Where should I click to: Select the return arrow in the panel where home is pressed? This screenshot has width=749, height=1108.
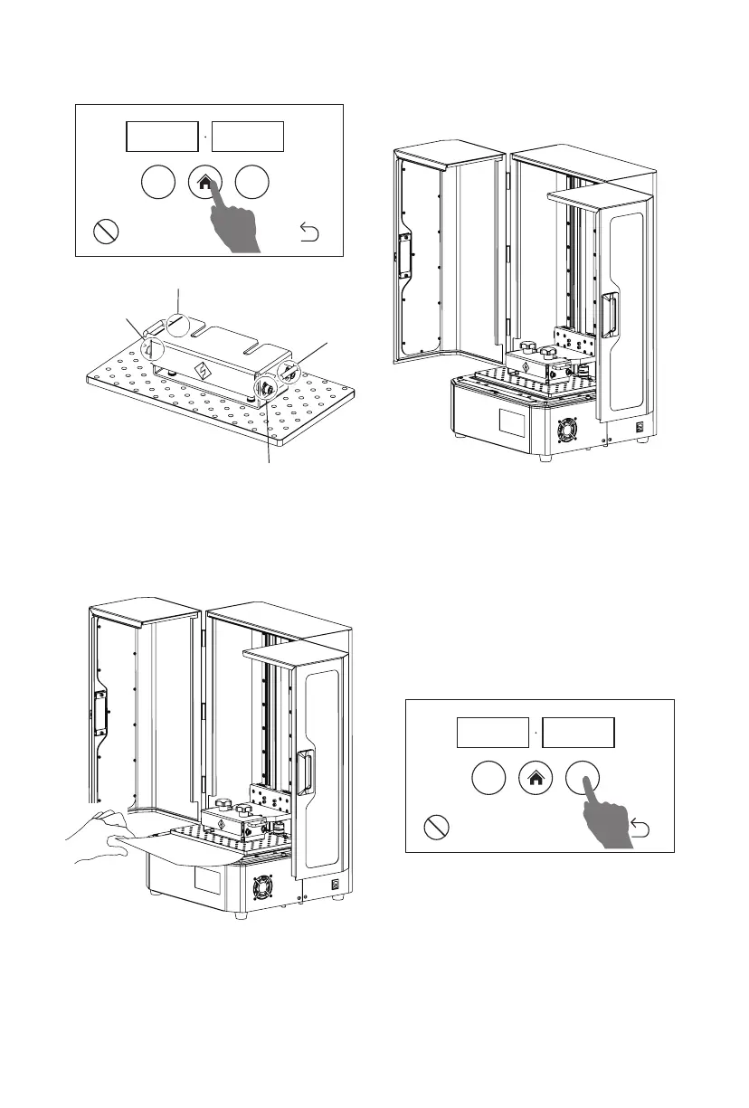coord(309,235)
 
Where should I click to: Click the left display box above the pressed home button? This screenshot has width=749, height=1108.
coord(161,136)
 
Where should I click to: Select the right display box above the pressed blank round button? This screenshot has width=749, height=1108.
coord(579,732)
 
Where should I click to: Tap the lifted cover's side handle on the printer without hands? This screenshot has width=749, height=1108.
coord(612,312)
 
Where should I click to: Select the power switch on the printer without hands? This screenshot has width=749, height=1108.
coord(640,429)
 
